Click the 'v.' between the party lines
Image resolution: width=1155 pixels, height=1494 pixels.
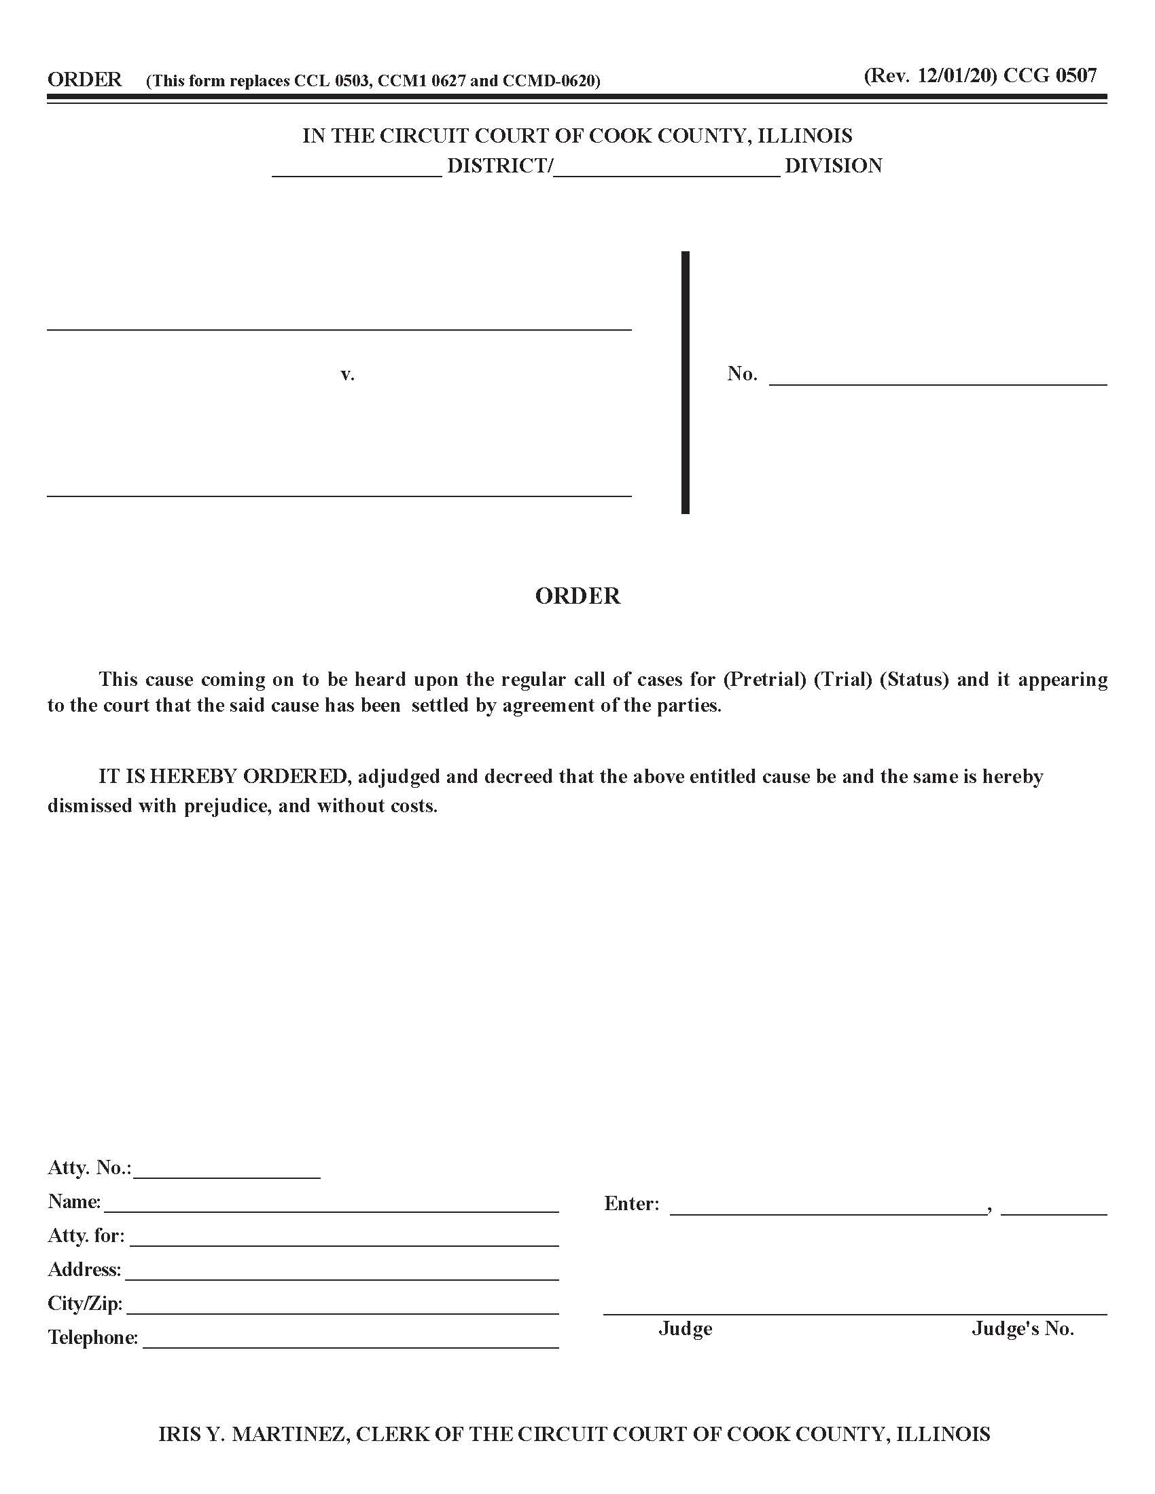point(348,374)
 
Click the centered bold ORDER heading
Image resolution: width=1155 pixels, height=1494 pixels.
point(577,596)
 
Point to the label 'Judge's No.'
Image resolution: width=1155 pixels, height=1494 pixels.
point(1023,1329)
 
